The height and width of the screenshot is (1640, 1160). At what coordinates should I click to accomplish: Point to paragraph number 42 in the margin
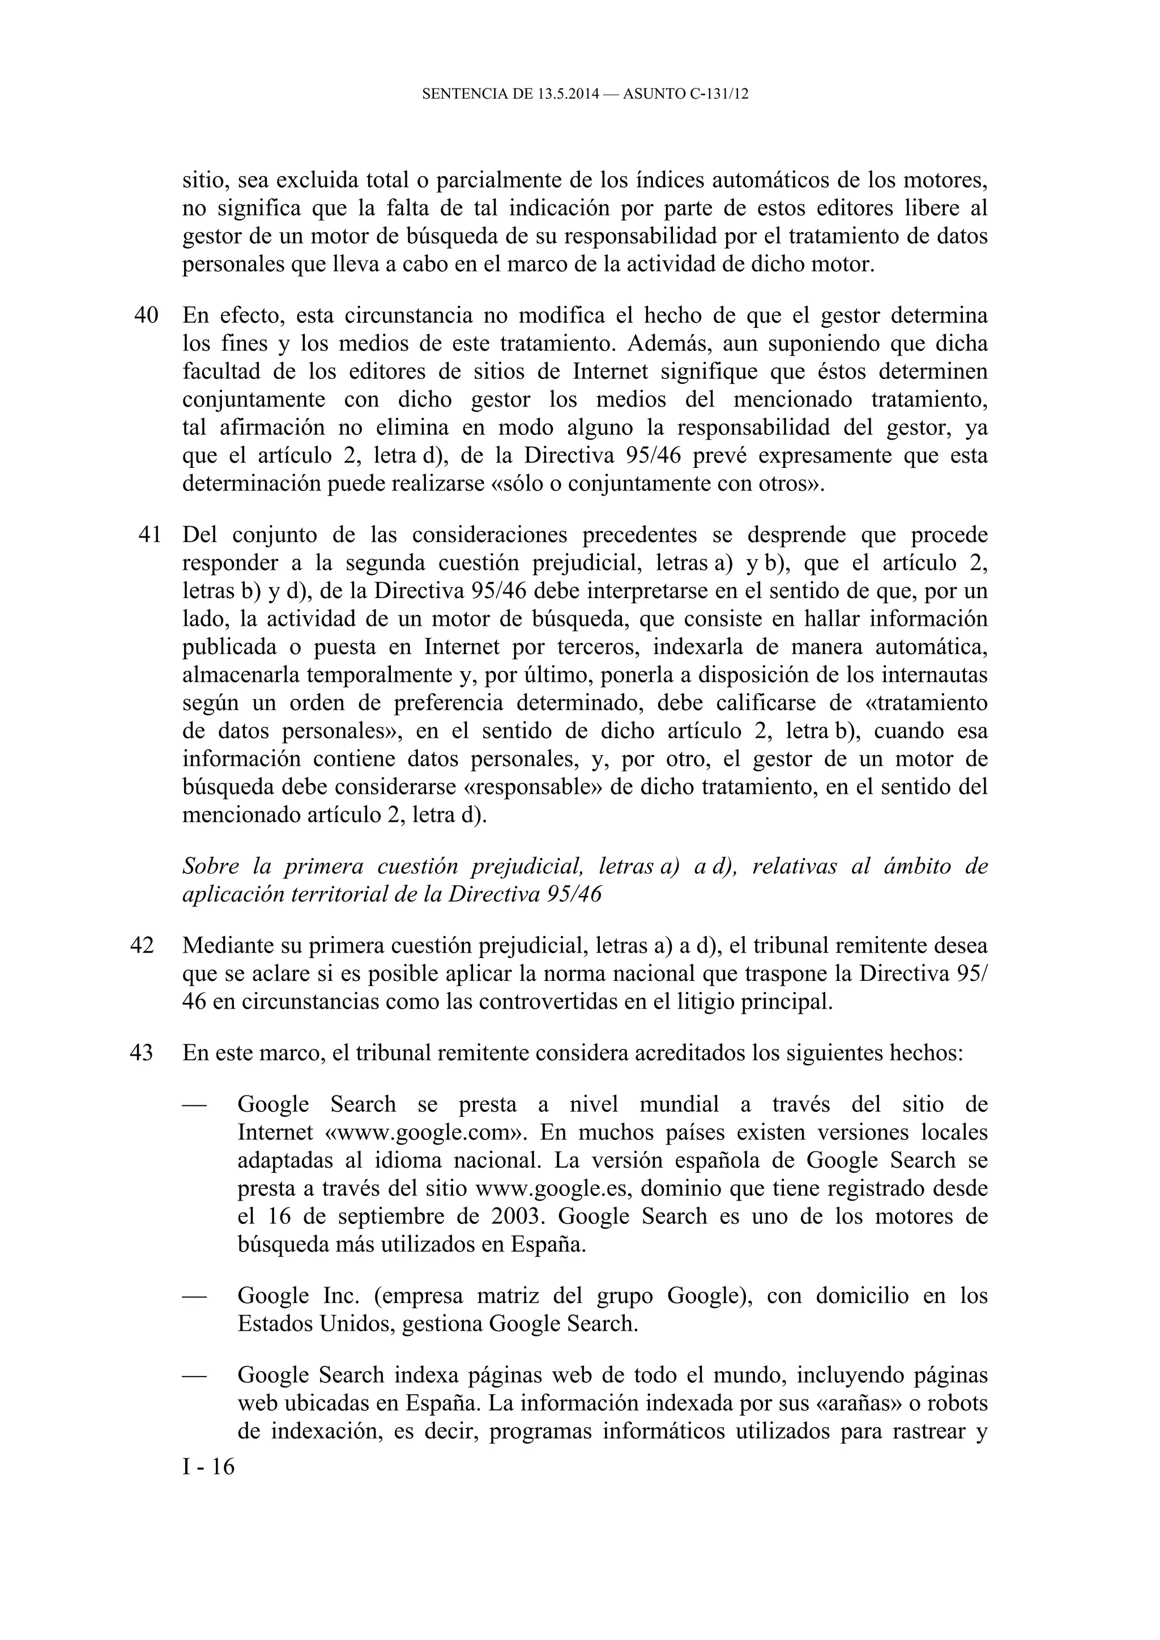pyautogui.click(x=142, y=945)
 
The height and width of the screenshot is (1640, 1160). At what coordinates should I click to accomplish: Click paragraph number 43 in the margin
pyautogui.click(x=142, y=1053)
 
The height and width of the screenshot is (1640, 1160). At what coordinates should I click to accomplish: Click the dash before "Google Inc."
pyautogui.click(x=194, y=1296)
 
